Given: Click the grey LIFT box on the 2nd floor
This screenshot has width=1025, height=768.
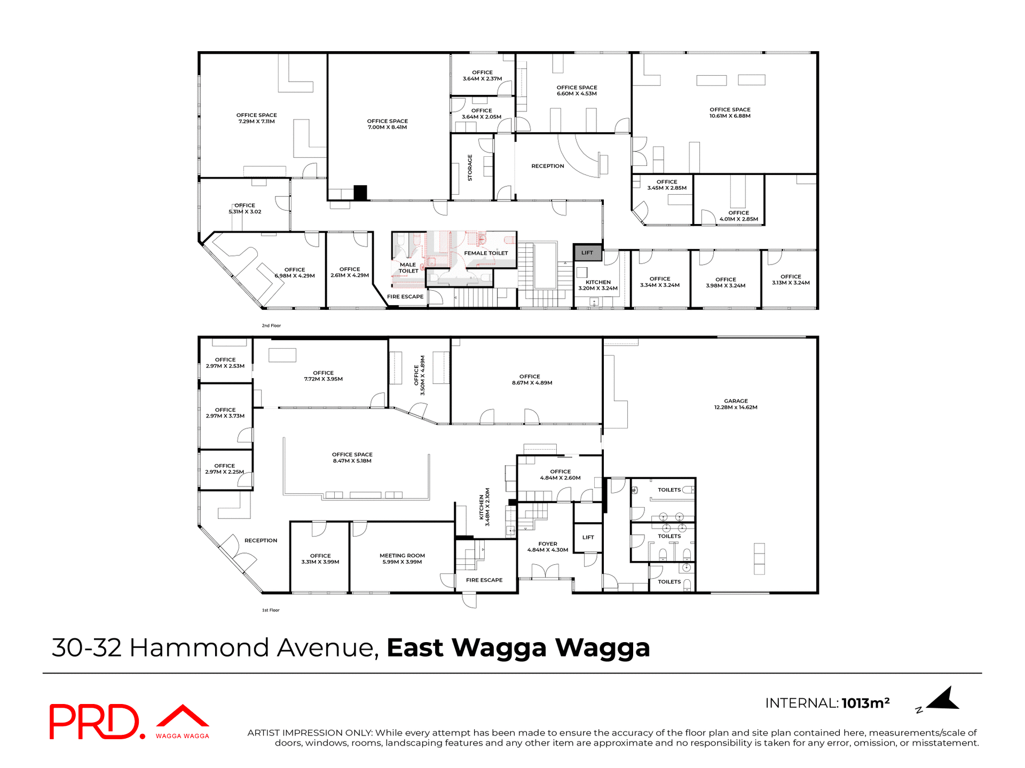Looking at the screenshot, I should (588, 253).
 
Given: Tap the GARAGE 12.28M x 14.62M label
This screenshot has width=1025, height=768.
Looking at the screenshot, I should (736, 404).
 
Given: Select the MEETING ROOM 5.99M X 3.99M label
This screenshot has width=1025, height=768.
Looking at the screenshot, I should (402, 558).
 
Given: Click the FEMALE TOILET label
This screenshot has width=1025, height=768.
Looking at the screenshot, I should (486, 253).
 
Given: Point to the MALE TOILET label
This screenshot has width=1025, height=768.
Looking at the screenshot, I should (408, 268).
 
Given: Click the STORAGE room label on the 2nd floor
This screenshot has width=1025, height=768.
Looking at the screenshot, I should (470, 167).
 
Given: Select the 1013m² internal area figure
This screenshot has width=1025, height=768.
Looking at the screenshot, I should (865, 703).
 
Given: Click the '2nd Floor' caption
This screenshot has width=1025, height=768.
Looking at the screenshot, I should (271, 325).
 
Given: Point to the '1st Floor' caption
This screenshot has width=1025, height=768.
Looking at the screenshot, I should (271, 610).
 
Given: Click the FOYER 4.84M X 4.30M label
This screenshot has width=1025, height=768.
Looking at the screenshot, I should (548, 547).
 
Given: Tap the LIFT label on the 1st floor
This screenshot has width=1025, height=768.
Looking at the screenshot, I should (588, 538).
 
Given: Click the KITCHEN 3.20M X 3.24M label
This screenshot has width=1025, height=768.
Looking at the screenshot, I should (598, 285).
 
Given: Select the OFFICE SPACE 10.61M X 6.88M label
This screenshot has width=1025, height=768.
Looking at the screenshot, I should (730, 113).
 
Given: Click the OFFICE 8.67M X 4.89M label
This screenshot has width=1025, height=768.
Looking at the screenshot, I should (530, 380).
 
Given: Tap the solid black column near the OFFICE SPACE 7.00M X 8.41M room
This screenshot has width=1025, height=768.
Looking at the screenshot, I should (360, 193).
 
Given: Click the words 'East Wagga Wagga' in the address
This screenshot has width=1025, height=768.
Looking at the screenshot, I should (518, 648).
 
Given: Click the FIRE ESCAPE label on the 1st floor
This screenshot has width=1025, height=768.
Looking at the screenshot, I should (484, 580).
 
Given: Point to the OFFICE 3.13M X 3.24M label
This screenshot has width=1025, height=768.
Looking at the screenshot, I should (791, 279).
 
